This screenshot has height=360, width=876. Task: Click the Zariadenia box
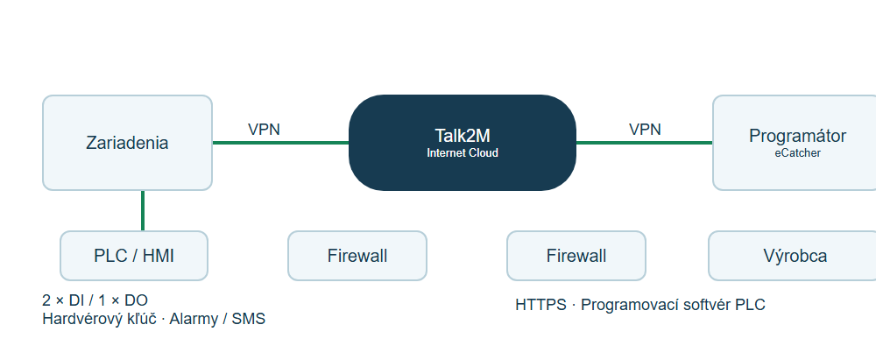pos(127,143)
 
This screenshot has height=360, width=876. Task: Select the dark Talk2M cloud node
pos(462,143)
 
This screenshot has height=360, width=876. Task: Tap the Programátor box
pos(795,143)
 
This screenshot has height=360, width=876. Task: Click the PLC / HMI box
pos(134,256)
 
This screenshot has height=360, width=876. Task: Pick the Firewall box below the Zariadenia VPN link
pos(357,256)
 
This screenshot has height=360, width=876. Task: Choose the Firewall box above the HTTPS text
pos(576,256)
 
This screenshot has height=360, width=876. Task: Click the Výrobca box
pos(793,256)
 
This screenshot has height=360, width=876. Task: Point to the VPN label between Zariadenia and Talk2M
pos(264,130)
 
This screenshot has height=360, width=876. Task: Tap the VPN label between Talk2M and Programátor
pos(645,130)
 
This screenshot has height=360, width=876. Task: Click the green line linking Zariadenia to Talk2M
pos(280,143)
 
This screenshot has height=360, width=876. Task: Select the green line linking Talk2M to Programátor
pos(644,143)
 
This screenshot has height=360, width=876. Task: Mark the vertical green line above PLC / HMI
pos(143,211)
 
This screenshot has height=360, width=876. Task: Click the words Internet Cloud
pos(463,152)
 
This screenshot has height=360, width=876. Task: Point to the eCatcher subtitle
pos(798,152)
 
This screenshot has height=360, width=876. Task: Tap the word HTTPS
pos(540,305)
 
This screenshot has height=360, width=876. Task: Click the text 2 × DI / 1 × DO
pos(95,300)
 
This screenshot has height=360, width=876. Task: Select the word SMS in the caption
pos(248,319)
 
